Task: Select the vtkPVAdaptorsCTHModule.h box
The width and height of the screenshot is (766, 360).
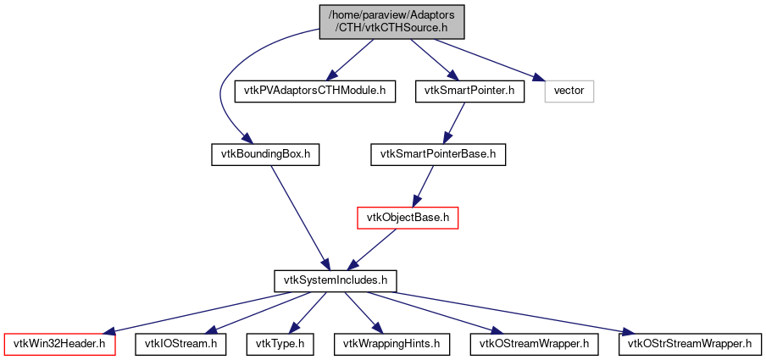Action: pyautogui.click(x=315, y=90)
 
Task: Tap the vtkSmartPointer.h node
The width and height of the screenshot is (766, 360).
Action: pyautogui.click(x=465, y=90)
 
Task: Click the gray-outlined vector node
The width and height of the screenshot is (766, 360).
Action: pyautogui.click(x=569, y=90)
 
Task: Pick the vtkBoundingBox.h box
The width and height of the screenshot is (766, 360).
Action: pyautogui.click(x=265, y=154)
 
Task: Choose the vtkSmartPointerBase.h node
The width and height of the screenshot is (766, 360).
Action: pyautogui.click(x=437, y=154)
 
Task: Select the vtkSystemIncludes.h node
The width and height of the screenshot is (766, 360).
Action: pyautogui.click(x=336, y=280)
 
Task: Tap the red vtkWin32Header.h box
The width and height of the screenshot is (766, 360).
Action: pyautogui.click(x=59, y=344)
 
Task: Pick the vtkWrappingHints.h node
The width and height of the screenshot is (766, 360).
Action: pyautogui.click(x=391, y=344)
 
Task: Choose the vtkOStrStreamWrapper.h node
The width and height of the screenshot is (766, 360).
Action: pyautogui.click(x=690, y=344)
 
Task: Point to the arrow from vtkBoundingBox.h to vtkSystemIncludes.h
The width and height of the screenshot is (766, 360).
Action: pyautogui.click(x=296, y=212)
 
